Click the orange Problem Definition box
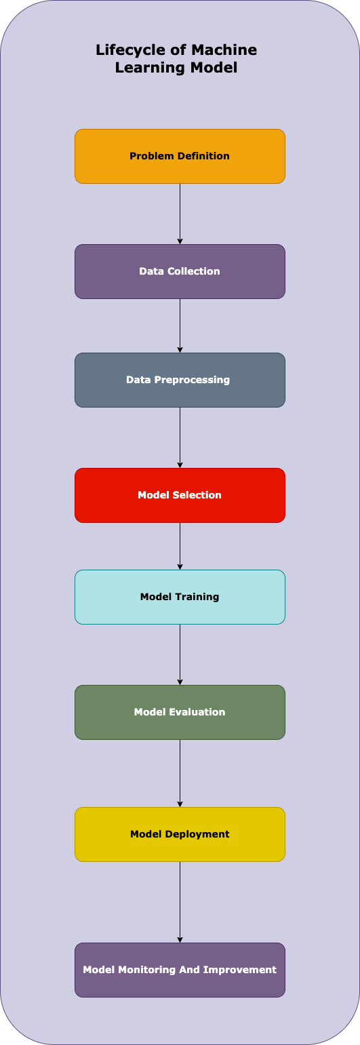pos(180,156)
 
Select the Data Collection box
pos(180,271)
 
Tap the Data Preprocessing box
pos(180,380)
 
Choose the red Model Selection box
pos(180,495)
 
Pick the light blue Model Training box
pos(180,597)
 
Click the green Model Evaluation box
pos(180,712)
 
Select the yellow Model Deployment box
pos(180,834)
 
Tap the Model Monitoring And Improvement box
pos(180,970)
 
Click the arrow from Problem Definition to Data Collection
pos(180,214)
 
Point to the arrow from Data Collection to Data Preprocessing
pos(180,326)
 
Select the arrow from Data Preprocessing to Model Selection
pos(180,437)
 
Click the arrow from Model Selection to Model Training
pos(180,546)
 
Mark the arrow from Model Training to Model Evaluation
pos(180,654)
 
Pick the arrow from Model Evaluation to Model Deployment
pos(180,773)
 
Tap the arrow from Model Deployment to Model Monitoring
pos(180,902)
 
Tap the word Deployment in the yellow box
pos(197,834)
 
